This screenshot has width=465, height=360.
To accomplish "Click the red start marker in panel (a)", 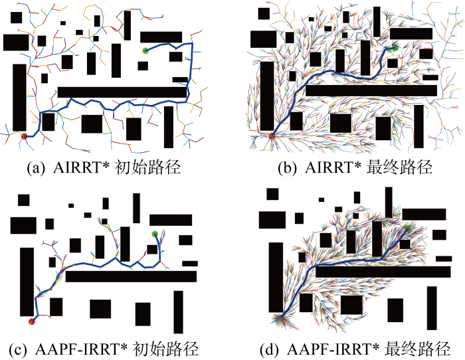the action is [25, 136].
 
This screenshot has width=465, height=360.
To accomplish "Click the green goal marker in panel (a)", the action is [145, 50].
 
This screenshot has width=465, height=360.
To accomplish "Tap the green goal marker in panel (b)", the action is [395, 47].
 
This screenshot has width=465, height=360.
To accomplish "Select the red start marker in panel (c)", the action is [32, 321].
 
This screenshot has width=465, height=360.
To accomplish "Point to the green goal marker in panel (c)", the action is [155, 234].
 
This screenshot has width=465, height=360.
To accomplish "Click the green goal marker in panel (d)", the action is [408, 228].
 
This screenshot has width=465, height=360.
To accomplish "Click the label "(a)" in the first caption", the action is [36, 168].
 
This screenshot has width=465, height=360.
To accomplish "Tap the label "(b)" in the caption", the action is [287, 168].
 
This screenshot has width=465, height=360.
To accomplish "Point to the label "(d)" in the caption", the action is [269, 349].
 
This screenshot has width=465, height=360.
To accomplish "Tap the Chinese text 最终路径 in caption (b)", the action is [399, 168].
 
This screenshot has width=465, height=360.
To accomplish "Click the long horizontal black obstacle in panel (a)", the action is [122, 92].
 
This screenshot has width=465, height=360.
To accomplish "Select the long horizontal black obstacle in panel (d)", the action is [383, 272].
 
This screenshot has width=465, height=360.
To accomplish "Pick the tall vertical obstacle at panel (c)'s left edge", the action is [27, 282].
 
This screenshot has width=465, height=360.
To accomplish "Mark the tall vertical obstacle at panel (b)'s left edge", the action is [267, 96].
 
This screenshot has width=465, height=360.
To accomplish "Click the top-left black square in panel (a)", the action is [17, 17].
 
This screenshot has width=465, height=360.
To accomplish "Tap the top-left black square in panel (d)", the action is [272, 194].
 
